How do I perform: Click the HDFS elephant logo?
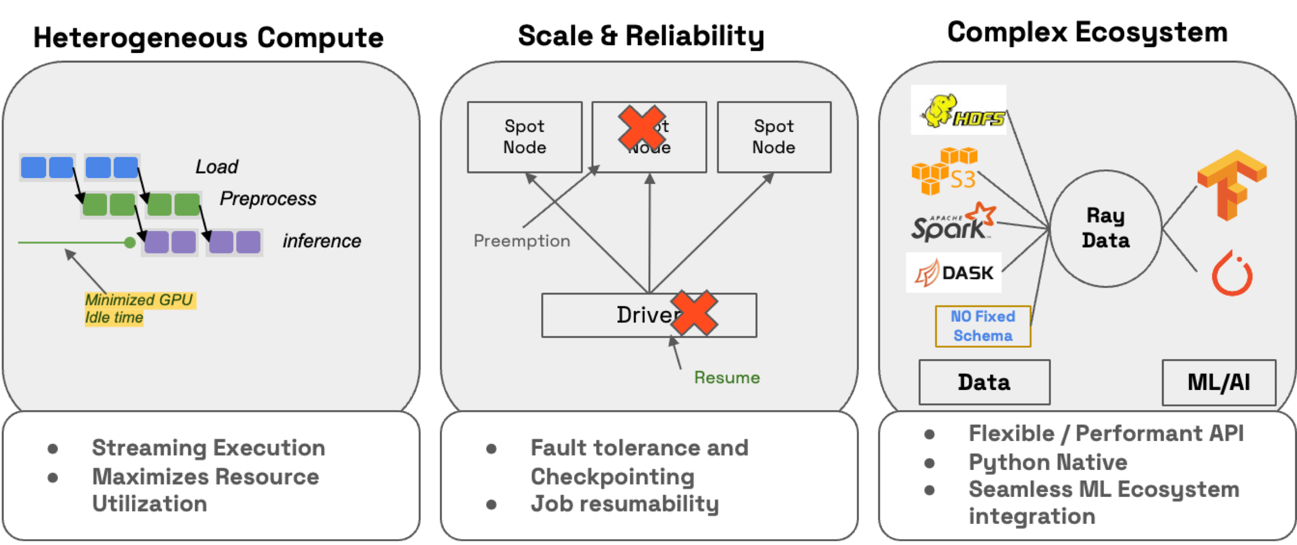[958, 110]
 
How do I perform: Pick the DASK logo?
[954, 273]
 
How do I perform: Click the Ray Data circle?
[1106, 228]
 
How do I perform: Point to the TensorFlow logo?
[1231, 185]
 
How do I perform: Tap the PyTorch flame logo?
[1232, 274]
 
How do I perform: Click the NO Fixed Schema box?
[983, 326]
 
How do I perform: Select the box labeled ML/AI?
[1218, 382]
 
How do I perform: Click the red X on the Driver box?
[694, 313]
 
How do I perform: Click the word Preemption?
[522, 241]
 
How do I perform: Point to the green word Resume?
[727, 378]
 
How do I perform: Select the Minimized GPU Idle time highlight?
[138, 308]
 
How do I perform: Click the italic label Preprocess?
[268, 198]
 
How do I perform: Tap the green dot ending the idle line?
[130, 243]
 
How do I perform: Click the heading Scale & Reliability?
[641, 36]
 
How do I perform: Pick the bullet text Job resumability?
[624, 504]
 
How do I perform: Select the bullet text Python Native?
[1048, 462]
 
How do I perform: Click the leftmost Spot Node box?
[524, 137]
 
